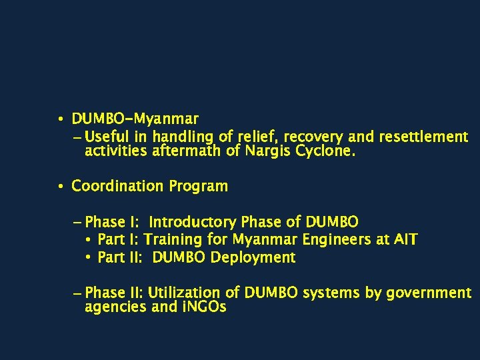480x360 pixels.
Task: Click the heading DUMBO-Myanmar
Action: (x=135, y=119)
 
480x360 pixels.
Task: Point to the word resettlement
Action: (x=423, y=137)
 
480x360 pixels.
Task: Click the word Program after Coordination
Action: (x=198, y=186)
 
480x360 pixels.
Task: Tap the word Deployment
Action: (x=253, y=257)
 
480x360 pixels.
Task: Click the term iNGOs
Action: (x=203, y=307)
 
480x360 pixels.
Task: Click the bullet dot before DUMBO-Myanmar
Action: (x=60, y=120)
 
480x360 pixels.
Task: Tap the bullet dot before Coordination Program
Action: (x=60, y=187)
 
